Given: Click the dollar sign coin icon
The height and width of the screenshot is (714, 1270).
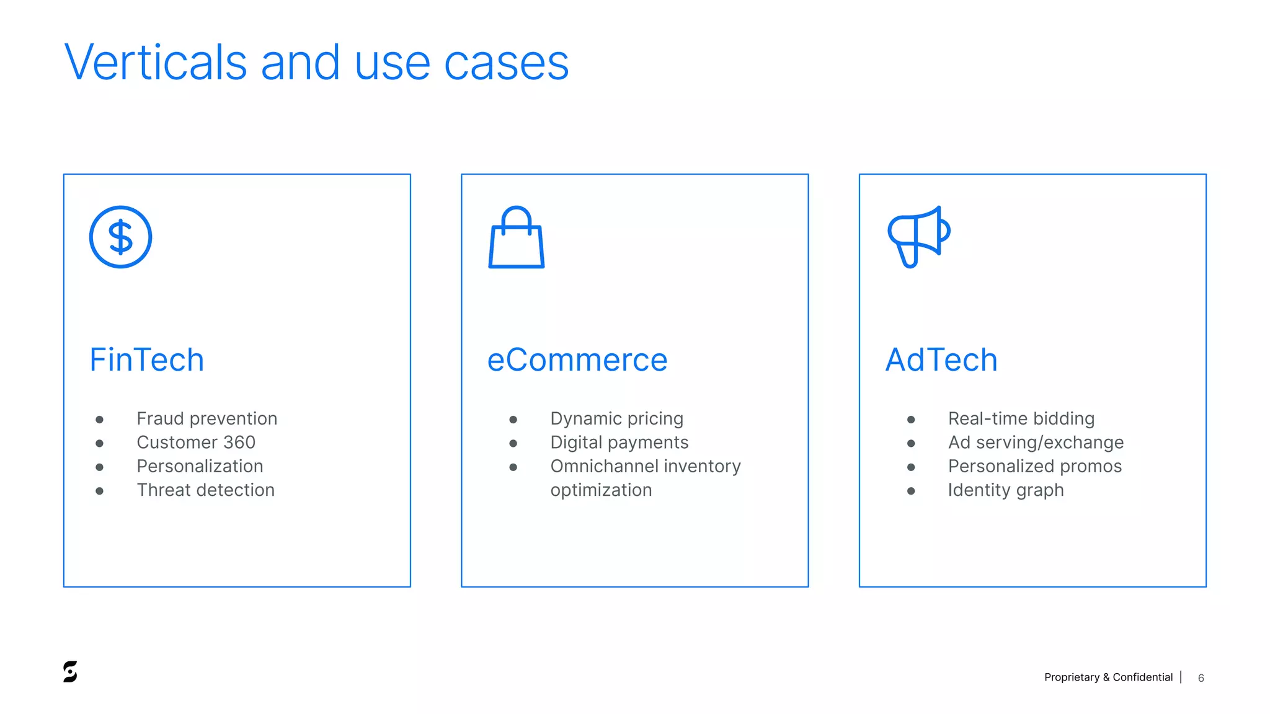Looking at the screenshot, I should pos(120,237).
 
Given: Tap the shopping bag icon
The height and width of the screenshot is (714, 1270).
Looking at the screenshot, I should pos(516,238).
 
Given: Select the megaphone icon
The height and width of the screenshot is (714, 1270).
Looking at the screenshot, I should pos(918,236).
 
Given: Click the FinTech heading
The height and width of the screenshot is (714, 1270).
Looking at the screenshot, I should pos(147,359).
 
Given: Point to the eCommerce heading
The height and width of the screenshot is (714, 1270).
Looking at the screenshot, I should pos(577,359).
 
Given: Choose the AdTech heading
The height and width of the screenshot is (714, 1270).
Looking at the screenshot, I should pos(941,359).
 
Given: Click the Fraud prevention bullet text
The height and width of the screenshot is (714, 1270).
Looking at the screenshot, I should pos(206,418).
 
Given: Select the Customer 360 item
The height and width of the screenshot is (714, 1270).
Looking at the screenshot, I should pos(196,442).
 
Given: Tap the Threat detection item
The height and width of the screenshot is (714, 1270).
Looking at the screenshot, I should pos(205,490).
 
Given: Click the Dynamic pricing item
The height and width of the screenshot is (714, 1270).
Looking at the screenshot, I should pos(616,418).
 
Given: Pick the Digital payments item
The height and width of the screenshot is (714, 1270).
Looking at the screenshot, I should pos(619,442).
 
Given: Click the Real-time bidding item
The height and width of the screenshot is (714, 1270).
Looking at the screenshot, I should pos(1021,418).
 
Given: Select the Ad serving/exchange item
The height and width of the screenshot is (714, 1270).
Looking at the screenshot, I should pos(1036,442).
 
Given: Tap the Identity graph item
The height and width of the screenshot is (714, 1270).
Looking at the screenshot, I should pos(1005,490).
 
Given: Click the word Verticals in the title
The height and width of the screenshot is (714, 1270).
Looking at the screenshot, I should pos(156,63).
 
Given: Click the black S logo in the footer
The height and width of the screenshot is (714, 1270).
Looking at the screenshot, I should pos(70,671).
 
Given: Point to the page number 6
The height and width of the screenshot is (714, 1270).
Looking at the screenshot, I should pos(1201,678).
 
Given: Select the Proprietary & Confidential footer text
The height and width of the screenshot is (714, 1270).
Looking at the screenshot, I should pos(1108,677).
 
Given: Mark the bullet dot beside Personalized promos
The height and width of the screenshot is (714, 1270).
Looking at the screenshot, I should pos(910,467).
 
